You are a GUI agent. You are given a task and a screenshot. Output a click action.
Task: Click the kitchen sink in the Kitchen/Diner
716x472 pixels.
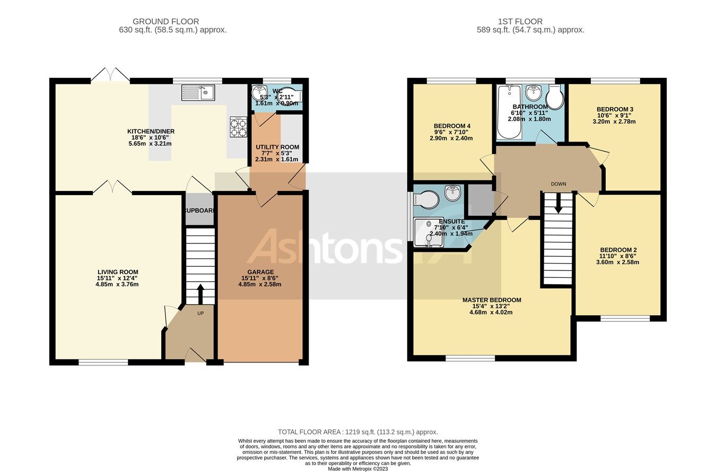[198, 93]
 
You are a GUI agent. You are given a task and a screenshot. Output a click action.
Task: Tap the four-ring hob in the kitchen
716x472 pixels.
[238, 127]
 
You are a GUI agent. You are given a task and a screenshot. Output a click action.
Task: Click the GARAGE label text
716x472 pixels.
[259, 272]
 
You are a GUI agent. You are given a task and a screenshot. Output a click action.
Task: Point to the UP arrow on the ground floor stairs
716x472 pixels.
[200, 293]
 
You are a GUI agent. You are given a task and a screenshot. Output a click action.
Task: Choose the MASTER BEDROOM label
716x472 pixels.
[491, 300]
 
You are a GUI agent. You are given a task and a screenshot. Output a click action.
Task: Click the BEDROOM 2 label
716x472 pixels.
[618, 250]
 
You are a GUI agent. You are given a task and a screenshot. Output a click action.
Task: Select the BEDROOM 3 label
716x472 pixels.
[615, 110]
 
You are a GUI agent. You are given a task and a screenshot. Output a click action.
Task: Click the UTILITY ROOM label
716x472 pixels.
[277, 147]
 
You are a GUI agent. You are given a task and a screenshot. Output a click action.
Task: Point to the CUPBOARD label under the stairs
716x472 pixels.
[200, 211]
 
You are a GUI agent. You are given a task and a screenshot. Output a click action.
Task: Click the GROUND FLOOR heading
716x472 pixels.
[165, 22]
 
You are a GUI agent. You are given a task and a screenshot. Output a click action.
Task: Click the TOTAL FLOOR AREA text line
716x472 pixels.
[358, 432]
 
